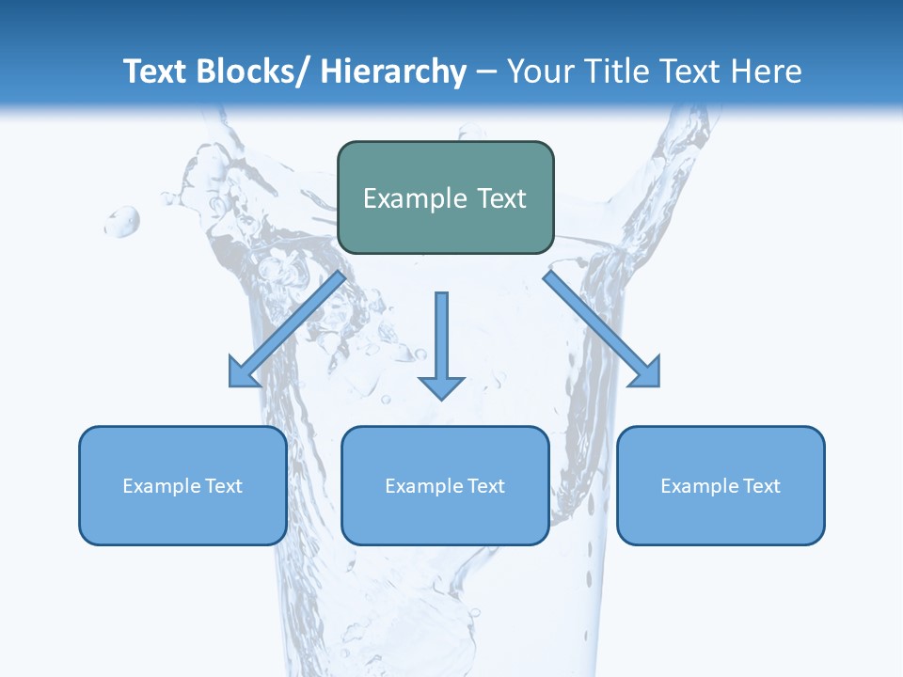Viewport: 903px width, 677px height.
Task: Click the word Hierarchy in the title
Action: [393, 71]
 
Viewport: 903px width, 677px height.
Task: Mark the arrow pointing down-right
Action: [597, 324]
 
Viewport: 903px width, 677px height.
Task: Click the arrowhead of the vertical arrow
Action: [441, 386]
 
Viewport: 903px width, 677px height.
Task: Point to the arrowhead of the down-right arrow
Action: [646, 373]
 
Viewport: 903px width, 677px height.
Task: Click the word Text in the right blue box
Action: [762, 486]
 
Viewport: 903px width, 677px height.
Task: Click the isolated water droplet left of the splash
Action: [122, 222]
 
